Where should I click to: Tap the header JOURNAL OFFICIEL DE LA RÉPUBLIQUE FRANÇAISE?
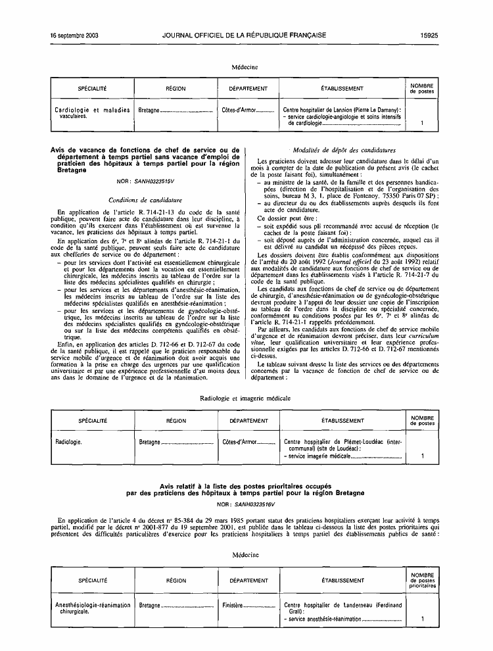coord(244,35)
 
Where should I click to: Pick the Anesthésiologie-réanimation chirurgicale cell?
coord(91,608)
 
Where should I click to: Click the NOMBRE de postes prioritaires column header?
coord(422,580)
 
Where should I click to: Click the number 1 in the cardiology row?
coord(422,123)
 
